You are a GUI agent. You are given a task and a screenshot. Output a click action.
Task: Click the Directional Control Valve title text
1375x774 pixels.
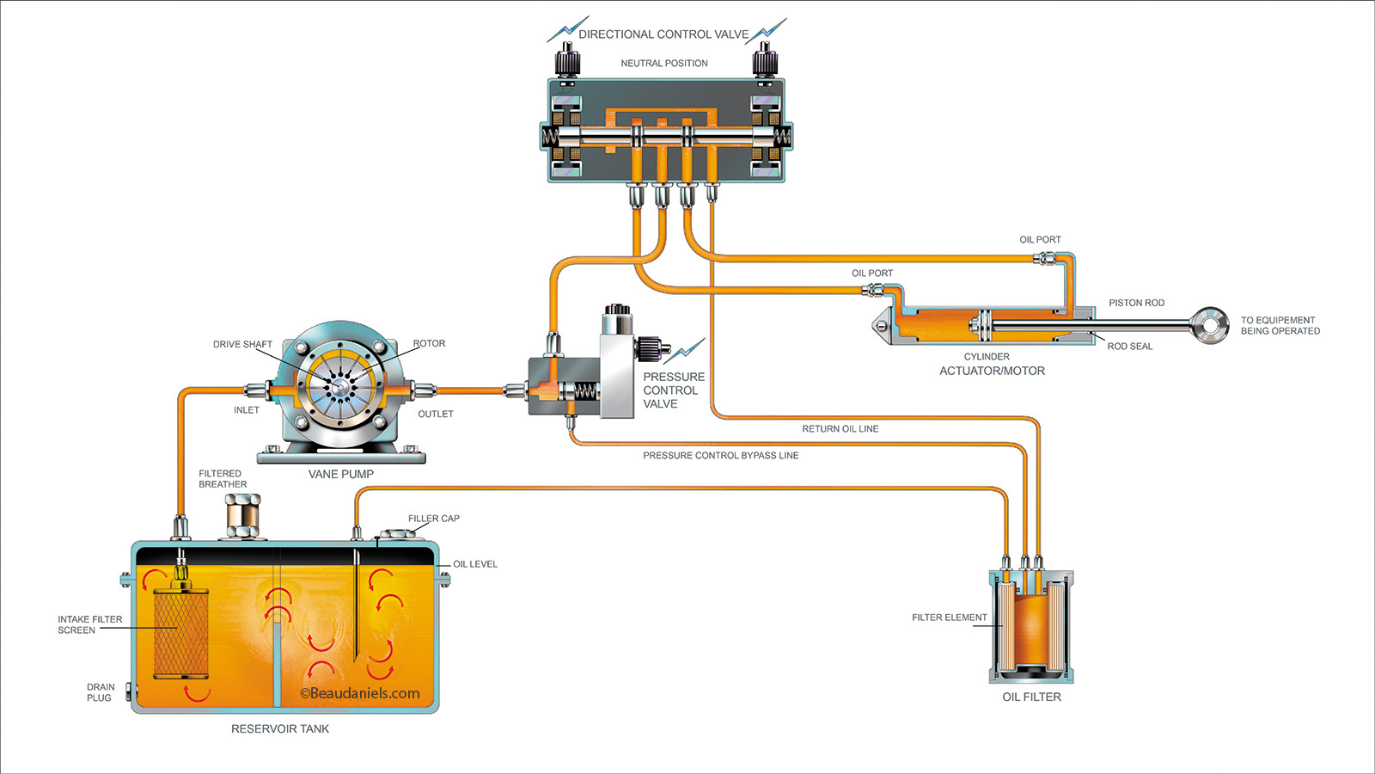663,34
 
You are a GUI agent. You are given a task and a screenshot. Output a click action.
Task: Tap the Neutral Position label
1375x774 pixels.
664,64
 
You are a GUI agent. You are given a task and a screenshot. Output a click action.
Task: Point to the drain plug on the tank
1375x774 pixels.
129,691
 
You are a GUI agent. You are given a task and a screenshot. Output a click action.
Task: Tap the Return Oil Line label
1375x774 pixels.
840,428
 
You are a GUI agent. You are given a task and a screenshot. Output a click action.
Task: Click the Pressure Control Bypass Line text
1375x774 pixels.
720,456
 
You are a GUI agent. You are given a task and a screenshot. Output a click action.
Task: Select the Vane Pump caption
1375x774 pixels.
340,474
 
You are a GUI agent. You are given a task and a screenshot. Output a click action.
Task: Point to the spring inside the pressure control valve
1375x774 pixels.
584,391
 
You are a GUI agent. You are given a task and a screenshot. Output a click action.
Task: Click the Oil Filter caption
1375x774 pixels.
1031,697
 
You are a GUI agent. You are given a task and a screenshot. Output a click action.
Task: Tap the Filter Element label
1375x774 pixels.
949,617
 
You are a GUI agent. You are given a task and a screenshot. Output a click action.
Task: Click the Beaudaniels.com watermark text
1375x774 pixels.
360,693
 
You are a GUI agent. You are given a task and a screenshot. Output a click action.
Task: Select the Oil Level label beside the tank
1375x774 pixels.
474,564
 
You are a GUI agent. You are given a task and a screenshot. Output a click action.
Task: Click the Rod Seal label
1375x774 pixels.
1129,347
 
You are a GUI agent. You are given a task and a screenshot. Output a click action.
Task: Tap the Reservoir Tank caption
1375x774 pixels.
280,728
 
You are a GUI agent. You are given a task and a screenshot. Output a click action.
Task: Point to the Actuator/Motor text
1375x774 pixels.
992,371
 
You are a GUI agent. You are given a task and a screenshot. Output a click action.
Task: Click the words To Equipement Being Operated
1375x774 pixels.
1280,325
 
